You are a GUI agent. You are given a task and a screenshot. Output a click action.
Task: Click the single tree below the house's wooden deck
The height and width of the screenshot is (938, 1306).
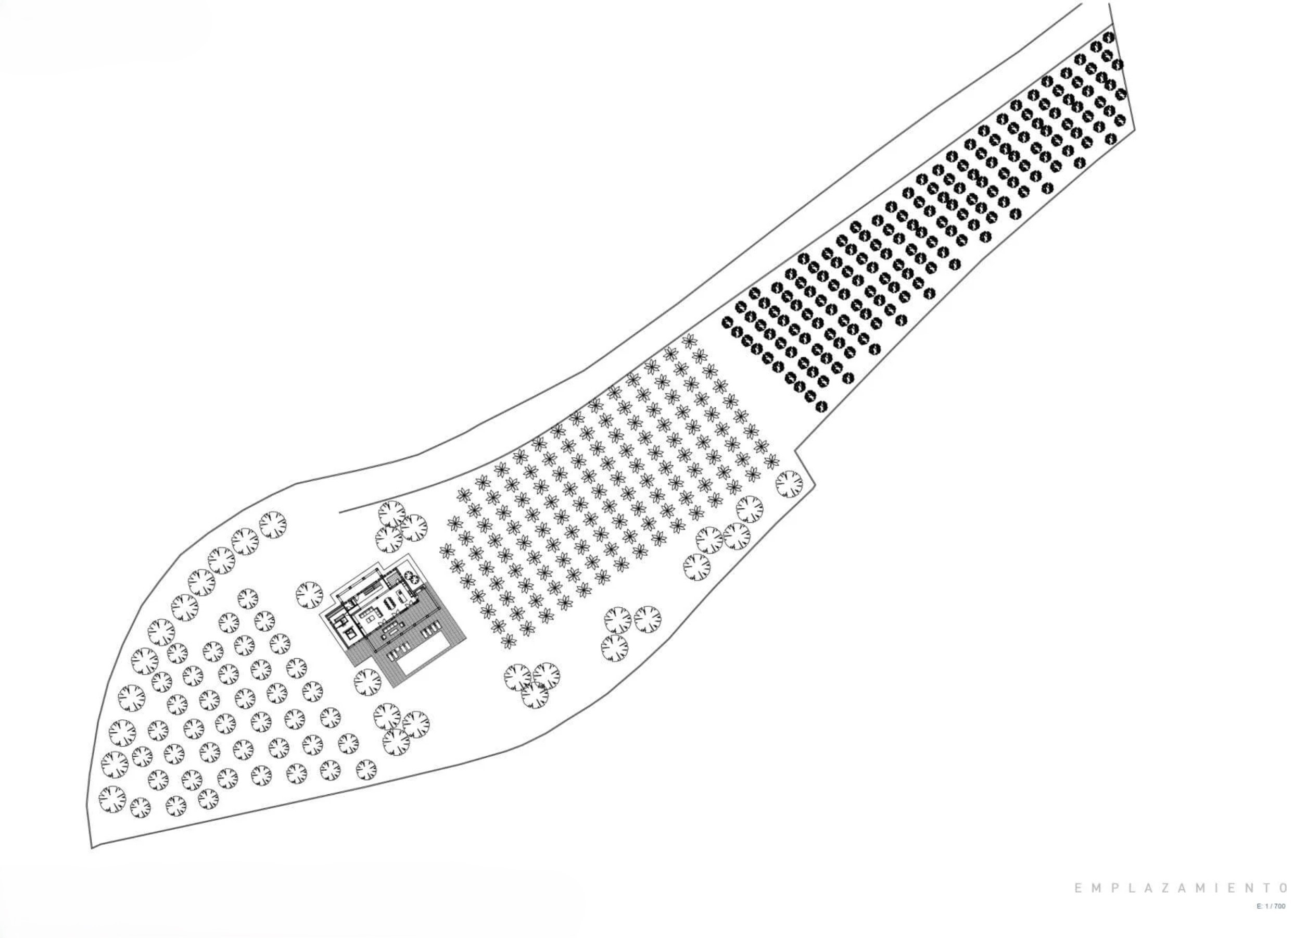[367, 683]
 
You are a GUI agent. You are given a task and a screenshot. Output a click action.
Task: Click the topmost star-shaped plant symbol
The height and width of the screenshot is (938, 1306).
[688, 341]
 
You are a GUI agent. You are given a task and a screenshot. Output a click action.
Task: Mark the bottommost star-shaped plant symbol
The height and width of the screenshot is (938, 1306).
[508, 641]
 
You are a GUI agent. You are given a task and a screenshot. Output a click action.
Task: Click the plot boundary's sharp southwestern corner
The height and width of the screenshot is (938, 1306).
[92, 848]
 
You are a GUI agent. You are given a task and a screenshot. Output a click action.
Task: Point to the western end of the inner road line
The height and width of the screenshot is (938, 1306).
[340, 511]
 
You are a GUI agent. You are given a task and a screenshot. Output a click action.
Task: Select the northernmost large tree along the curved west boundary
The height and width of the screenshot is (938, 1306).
[272, 524]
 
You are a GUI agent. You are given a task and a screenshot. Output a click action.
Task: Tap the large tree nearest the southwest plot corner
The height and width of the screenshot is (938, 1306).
[113, 799]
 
